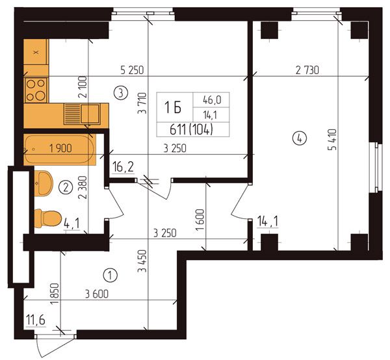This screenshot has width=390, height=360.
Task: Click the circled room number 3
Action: pos(121,93)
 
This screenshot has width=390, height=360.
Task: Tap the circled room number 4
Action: pos(300,138)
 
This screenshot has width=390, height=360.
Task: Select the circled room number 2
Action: pos(66,187)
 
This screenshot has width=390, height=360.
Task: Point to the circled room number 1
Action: pos(110,275)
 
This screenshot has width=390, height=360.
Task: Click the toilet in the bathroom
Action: pos(47,218)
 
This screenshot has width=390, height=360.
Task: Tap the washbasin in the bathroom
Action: pos(44,183)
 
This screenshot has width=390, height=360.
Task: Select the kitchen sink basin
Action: pos(91,114)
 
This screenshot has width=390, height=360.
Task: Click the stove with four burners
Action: pos(36,90)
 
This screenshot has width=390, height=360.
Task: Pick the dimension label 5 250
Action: pos(132,70)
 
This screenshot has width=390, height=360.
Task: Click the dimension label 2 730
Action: pos(307,70)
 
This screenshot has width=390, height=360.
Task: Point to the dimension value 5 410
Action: pos(332,140)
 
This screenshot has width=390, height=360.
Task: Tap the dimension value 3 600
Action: pos(97,294)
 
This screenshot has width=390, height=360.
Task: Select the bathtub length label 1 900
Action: pos(60,148)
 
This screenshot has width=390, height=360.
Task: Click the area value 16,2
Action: pos(123,166)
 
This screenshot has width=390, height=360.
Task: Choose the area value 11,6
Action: pos(36,320)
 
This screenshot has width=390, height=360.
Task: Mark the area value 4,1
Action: pos(71,224)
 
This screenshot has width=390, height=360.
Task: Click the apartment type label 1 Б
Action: pos(173,108)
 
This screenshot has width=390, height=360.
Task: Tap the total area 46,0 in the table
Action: pos(212,100)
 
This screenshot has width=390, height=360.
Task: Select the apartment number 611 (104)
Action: pos(191,129)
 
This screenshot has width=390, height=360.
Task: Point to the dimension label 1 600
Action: pos(200,220)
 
